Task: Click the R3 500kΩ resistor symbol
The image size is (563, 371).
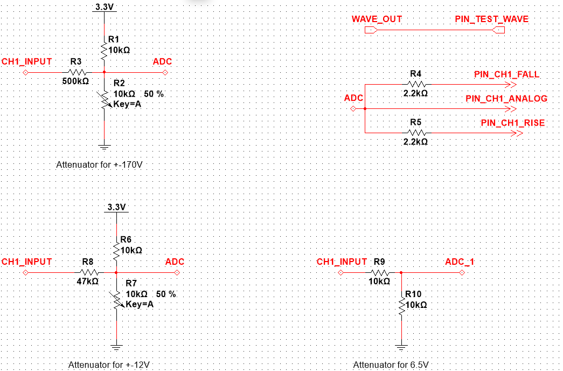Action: click(78, 72)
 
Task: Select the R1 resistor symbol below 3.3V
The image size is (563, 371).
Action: click(103, 51)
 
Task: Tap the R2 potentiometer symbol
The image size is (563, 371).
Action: click(103, 100)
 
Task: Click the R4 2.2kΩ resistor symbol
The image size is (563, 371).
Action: click(417, 84)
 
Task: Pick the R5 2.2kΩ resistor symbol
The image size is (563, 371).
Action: click(417, 133)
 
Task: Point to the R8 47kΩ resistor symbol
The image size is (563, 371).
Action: click(89, 272)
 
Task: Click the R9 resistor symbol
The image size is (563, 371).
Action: click(380, 272)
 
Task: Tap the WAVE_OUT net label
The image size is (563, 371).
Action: click(377, 19)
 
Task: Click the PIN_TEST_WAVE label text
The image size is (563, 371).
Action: click(491, 19)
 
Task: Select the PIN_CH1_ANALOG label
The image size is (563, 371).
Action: click(506, 99)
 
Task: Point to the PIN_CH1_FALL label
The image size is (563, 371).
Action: click(506, 74)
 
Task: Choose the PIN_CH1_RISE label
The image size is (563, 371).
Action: click(512, 123)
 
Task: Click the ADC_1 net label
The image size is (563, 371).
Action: click(460, 262)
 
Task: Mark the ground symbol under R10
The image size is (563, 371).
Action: click(401, 347)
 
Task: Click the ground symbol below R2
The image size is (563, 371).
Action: click(103, 146)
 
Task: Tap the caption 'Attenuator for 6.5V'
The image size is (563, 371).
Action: click(391, 365)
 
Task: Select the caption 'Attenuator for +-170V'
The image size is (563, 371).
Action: click(99, 164)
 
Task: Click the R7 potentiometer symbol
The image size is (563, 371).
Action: click(116, 300)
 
